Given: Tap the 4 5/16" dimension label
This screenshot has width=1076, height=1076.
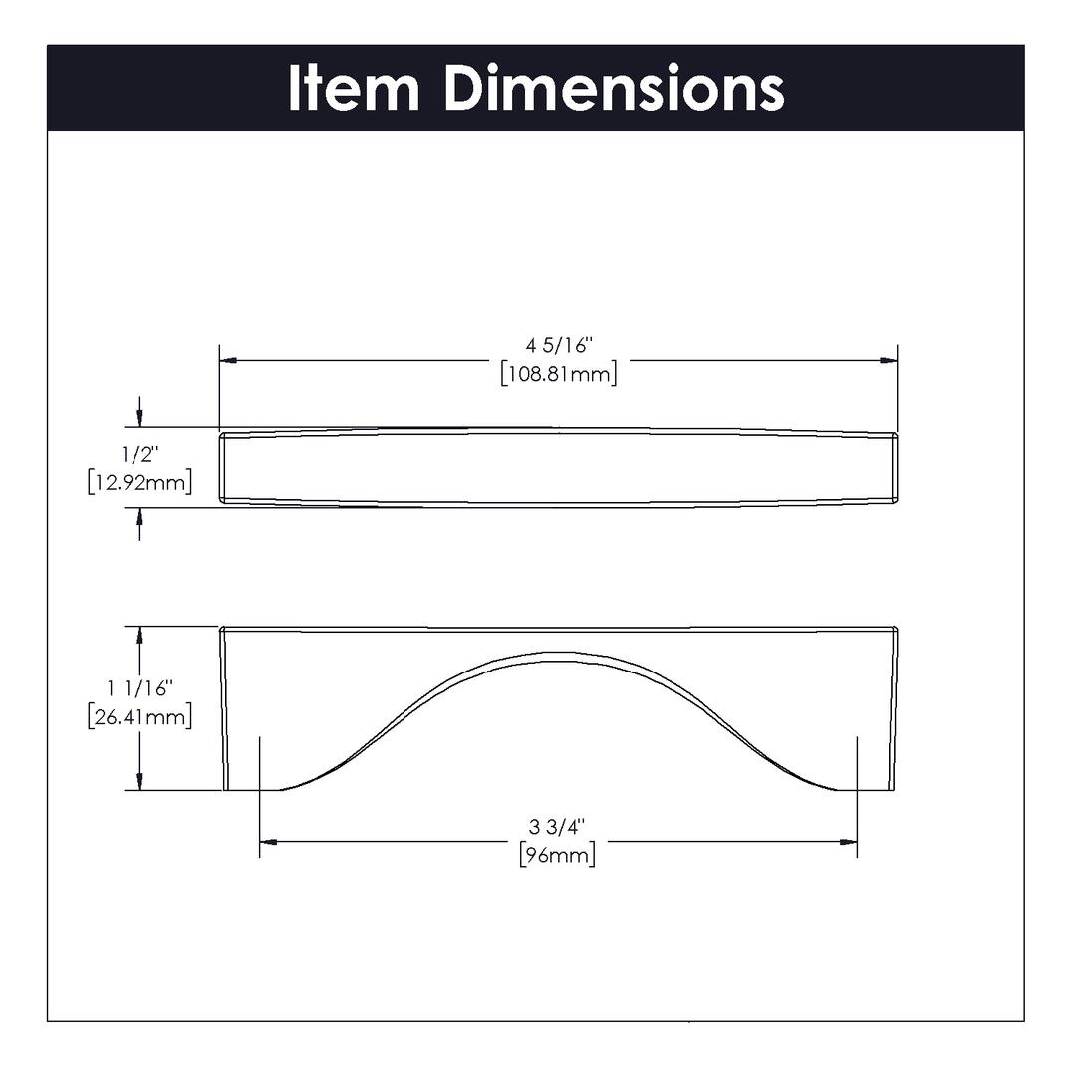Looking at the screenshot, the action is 559,345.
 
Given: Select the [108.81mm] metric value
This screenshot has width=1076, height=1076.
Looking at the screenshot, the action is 559,374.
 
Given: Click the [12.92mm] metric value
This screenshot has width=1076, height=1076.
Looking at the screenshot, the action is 140,482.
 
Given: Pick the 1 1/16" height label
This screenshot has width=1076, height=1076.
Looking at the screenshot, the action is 140,688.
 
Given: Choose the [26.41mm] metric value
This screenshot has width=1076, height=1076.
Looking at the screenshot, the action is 140,717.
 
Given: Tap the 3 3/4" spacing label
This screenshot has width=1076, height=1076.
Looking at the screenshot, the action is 557,827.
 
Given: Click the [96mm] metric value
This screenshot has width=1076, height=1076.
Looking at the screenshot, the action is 557,855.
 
